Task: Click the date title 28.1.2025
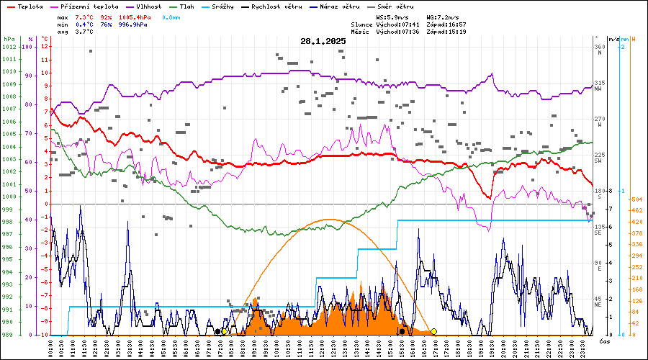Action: click(323, 42)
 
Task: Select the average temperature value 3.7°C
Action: click(84, 32)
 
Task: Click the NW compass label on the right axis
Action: click(598, 89)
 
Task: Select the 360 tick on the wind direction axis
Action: click(599, 48)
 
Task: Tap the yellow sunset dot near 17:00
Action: click(433, 331)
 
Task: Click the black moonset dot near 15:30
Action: click(401, 331)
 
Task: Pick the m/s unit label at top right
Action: click(613, 38)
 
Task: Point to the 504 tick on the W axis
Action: click(636, 199)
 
